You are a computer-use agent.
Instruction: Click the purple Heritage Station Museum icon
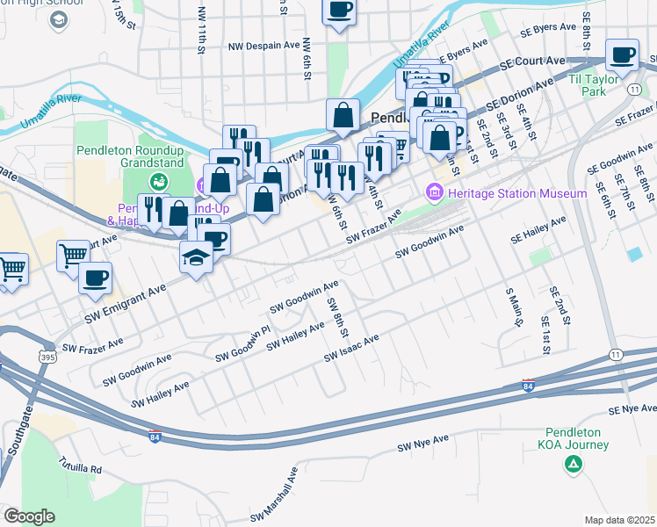click(434, 192)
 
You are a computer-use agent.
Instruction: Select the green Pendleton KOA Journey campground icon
click(573, 464)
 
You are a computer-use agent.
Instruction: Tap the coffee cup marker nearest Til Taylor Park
click(623, 55)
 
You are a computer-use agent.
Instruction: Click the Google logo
click(28, 516)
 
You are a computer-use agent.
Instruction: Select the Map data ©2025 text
click(620, 520)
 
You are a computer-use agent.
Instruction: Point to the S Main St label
click(514, 307)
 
